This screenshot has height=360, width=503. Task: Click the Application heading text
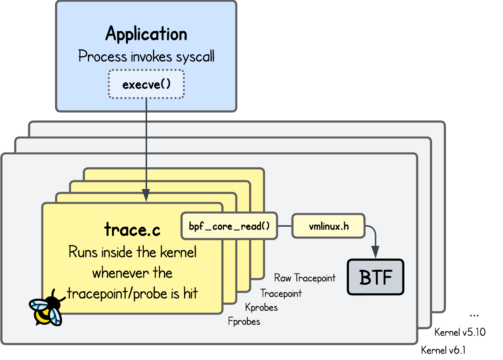coord(146,34)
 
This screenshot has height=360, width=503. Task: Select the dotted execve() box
coord(146,84)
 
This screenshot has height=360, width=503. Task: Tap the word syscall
coord(195,57)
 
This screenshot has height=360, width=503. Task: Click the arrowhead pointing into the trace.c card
coord(146,195)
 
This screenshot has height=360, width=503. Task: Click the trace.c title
coord(132,229)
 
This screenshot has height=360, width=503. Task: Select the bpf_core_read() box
coord(229,226)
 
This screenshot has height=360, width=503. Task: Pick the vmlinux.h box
coord(328,226)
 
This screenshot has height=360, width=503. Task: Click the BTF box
coord(375,277)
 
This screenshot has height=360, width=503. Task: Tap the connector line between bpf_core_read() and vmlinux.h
coord(285,226)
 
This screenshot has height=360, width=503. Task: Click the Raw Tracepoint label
coord(305,278)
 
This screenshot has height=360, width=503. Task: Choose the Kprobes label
coord(261,308)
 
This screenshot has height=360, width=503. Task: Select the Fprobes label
coord(244,322)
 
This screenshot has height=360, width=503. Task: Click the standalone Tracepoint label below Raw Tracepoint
coord(281,294)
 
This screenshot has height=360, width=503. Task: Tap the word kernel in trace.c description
coord(178,253)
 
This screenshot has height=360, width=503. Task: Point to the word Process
coord(98,57)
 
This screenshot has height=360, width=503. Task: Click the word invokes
coord(146,57)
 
